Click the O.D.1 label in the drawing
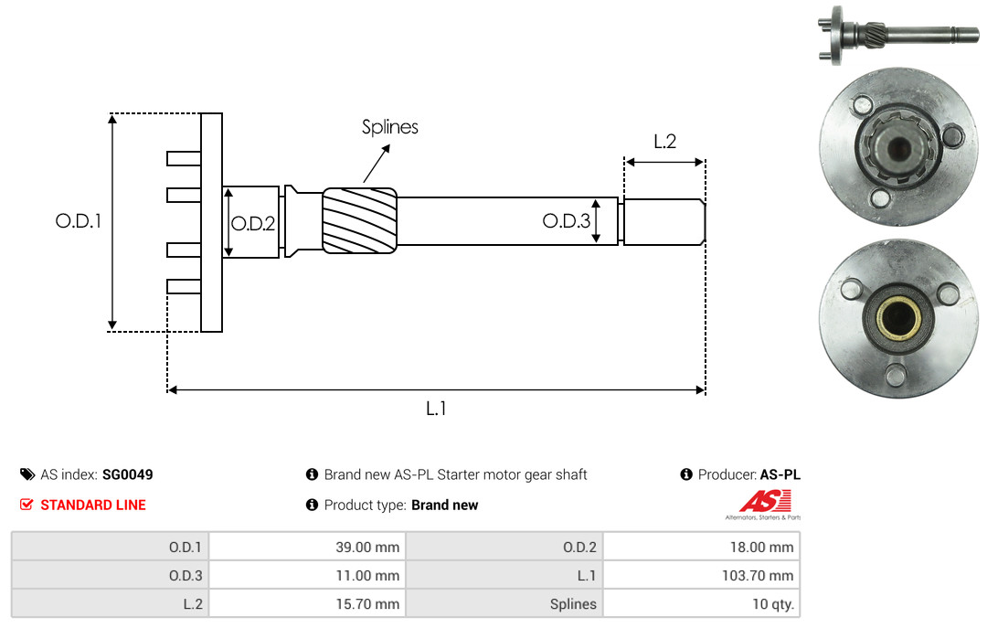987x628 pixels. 78,221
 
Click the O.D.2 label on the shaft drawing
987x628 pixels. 253,224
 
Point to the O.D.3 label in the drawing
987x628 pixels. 567,221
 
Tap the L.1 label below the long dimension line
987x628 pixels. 436,409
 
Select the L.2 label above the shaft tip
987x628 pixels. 664,141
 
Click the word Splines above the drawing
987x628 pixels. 389,127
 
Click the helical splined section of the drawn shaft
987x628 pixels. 359,220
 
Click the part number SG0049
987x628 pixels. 128,475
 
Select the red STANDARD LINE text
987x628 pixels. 93,506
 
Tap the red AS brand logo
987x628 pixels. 763,502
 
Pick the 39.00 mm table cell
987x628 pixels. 308,547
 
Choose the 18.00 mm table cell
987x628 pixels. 702,547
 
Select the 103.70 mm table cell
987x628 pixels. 702,576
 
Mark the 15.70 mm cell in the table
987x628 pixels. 308,604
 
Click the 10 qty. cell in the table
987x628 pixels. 702,604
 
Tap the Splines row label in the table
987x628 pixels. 573,604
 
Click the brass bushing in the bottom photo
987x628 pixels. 898,316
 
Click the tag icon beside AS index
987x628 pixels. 27,475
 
